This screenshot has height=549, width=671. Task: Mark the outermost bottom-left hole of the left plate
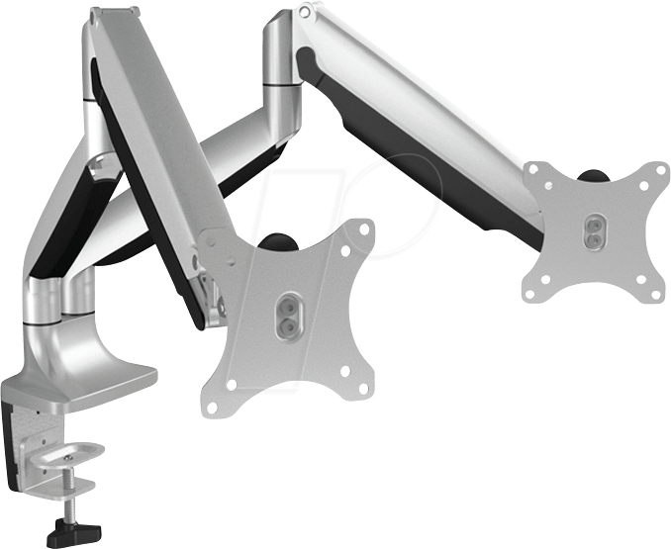coord(211,407)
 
